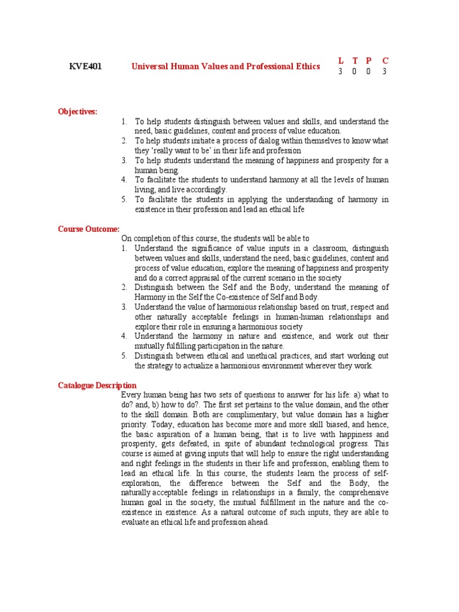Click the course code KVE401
click(x=85, y=66)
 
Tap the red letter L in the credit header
click(x=341, y=60)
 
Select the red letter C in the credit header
click(x=385, y=60)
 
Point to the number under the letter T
click(x=355, y=72)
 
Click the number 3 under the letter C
click(x=385, y=72)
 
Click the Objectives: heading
click(x=77, y=111)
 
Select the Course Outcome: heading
click(x=88, y=229)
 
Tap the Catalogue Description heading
click(x=97, y=385)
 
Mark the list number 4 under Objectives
click(x=124, y=179)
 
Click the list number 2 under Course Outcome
click(x=124, y=287)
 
